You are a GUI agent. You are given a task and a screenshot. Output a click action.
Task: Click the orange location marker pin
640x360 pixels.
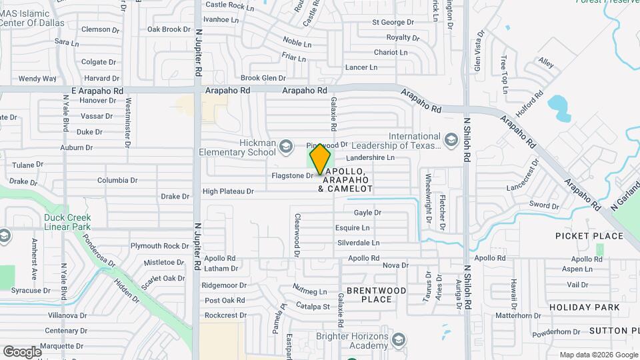[321, 159]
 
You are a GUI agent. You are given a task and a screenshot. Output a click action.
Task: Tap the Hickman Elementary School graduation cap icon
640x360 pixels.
[286, 147]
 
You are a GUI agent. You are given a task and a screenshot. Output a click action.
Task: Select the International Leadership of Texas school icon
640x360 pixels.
[451, 141]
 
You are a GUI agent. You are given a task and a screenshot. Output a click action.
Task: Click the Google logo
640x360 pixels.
[22, 351]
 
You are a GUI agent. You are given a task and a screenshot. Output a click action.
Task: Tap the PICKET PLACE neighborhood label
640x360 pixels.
[589, 236]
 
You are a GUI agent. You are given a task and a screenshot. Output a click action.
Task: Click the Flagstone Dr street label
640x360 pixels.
[292, 176]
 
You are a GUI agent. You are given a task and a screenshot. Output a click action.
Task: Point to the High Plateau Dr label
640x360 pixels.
[228, 191]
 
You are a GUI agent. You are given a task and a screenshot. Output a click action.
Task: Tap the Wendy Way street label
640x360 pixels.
[37, 79]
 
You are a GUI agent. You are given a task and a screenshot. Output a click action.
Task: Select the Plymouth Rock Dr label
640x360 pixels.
[159, 245]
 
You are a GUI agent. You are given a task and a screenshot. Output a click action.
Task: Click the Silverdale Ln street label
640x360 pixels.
[358, 243]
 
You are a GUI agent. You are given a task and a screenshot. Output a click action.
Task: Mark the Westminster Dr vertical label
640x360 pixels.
[128, 121]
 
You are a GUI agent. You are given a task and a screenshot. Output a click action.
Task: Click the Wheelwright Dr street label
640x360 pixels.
[429, 189]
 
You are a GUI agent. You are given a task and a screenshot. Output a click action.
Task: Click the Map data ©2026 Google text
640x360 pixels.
[597, 355]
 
